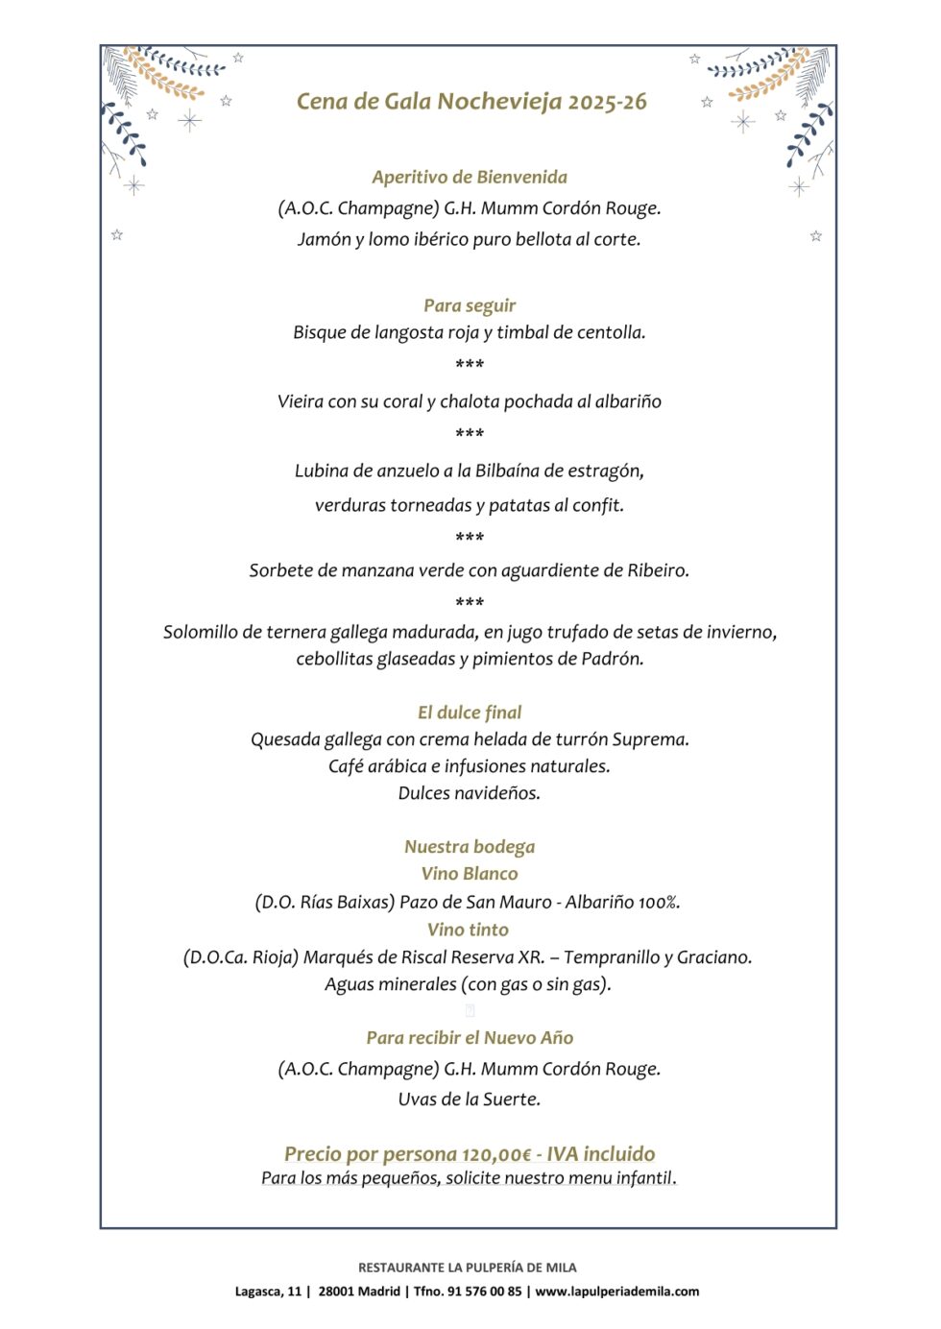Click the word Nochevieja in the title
pos(499,102)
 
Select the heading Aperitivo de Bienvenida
pos(470,177)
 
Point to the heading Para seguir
pos(470,305)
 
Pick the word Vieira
pos(301,401)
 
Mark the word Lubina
pos(322,471)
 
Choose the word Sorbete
pos(280,570)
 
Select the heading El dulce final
pos(470,713)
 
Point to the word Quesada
pos(285,739)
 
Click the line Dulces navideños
pos(470,793)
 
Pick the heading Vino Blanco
pos(470,874)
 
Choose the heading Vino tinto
pos(469,930)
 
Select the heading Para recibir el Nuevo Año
pos(470,1038)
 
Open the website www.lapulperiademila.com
pos(617,1292)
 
